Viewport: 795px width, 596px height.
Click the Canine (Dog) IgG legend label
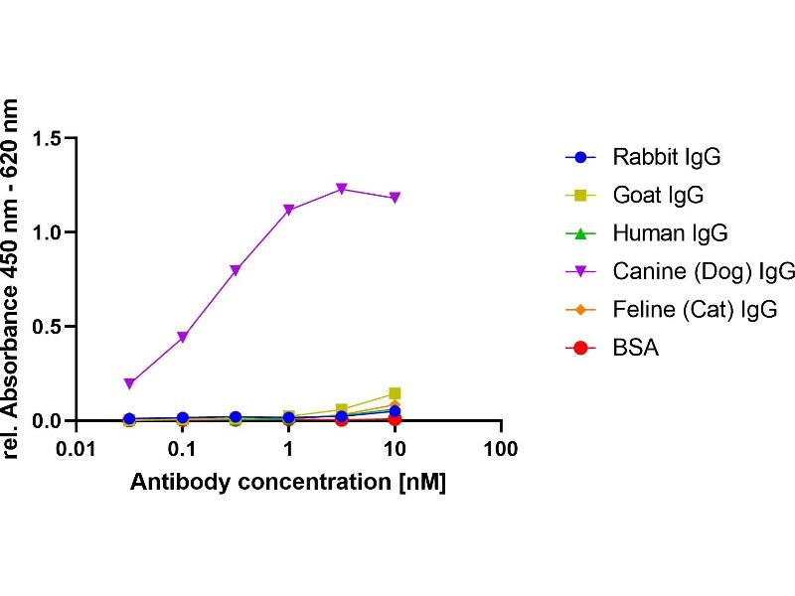pos(704,271)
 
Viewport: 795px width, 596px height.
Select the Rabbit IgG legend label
pos(666,157)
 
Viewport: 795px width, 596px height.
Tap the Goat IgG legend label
pos(658,196)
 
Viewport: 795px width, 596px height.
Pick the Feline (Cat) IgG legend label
pos(695,310)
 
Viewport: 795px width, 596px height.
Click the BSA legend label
pos(636,348)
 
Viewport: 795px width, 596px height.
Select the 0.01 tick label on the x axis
pos(76,450)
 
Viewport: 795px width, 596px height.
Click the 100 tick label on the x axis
pos(500,450)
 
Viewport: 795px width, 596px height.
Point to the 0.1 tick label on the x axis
pos(182,450)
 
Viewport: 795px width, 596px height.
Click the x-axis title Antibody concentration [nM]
pos(288,483)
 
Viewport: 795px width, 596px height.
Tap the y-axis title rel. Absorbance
pos(14,278)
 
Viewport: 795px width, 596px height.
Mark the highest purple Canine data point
pos(342,189)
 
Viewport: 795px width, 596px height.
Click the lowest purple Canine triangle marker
pos(129,383)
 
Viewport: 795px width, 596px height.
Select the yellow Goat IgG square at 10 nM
pos(395,394)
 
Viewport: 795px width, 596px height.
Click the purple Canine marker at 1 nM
pos(288,210)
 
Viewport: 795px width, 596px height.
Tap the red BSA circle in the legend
pos(582,348)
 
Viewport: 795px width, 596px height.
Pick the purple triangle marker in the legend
pos(582,272)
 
